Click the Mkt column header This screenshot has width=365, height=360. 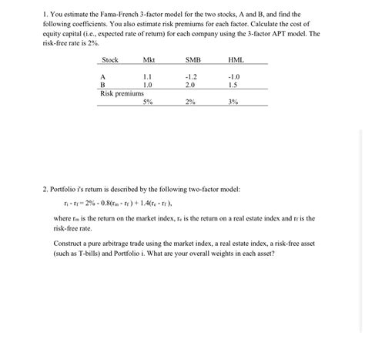149,60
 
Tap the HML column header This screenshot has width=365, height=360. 234,60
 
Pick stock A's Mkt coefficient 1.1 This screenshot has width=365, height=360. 148,77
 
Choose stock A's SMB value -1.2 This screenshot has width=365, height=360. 191,77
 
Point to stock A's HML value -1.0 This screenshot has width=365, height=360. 234,77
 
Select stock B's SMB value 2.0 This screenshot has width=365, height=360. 191,85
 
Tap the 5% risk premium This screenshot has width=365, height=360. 148,102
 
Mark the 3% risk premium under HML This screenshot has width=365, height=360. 233,102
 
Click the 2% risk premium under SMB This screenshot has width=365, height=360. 191,102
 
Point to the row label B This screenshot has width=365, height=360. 103,85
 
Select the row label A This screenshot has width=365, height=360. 103,77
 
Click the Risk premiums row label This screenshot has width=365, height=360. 122,93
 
